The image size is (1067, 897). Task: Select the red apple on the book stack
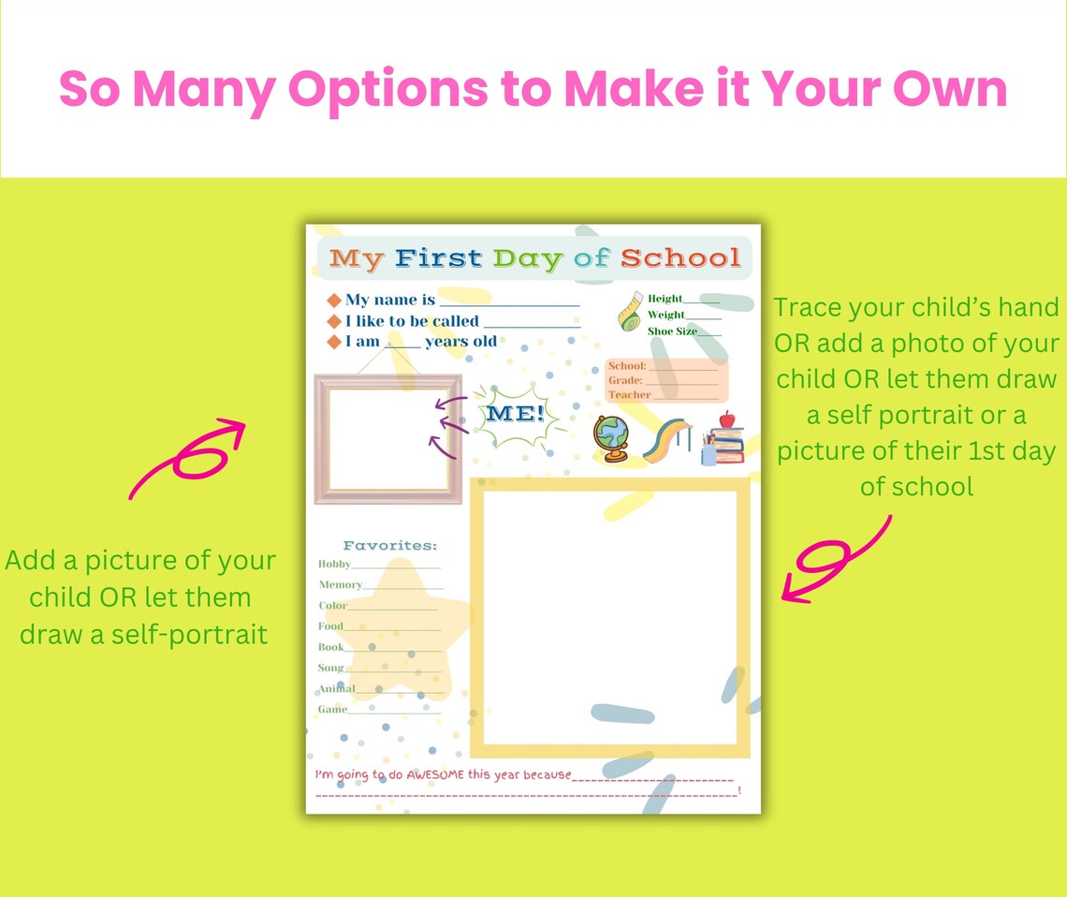(x=726, y=419)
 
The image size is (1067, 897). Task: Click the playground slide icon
(x=666, y=440)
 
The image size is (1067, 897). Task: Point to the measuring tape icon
(x=630, y=311)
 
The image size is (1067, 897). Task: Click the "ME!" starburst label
(x=516, y=414)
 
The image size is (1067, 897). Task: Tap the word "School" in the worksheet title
(x=680, y=257)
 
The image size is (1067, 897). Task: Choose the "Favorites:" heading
(x=390, y=545)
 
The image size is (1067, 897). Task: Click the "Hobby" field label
(x=334, y=564)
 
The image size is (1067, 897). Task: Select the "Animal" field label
(x=336, y=689)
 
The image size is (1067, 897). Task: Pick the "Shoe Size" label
(x=672, y=331)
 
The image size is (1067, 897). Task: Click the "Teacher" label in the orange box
(x=629, y=395)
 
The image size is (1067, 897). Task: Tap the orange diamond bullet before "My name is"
(x=334, y=301)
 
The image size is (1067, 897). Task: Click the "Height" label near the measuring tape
(x=665, y=299)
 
